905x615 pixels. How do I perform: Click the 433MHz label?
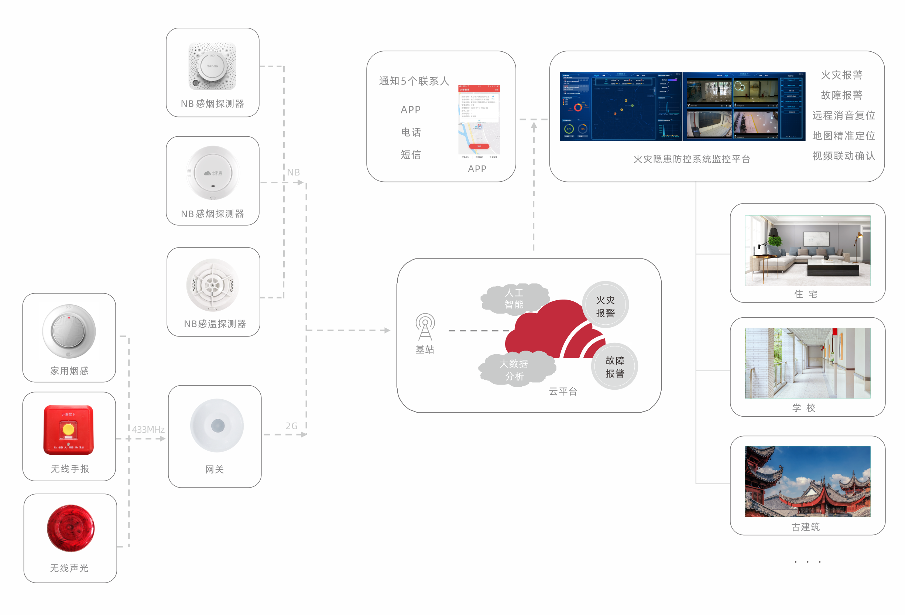click(148, 429)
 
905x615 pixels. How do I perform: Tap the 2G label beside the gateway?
click(291, 426)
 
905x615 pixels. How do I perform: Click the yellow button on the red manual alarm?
click(69, 429)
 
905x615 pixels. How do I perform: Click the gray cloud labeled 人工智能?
click(514, 298)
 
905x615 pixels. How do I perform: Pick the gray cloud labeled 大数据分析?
click(514, 369)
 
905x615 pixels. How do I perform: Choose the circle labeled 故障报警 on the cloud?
click(614, 366)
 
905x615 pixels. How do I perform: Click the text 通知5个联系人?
click(414, 81)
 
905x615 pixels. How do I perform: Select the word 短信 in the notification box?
click(411, 155)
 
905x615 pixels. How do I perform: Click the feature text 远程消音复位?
click(843, 115)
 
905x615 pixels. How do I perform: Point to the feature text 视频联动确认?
click(843, 156)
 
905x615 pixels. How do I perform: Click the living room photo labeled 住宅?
click(807, 250)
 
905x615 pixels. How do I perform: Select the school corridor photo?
click(807, 363)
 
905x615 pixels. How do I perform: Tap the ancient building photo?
click(807, 481)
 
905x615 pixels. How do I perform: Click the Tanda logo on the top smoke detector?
click(212, 66)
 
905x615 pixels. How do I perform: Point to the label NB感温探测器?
click(215, 324)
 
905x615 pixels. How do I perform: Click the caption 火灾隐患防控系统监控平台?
click(692, 159)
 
